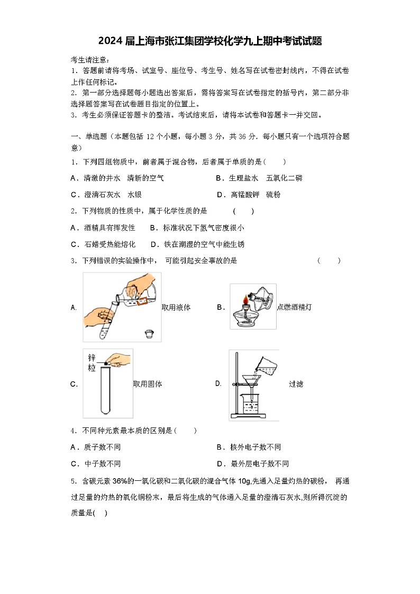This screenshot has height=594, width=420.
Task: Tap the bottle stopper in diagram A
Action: tap(149, 334)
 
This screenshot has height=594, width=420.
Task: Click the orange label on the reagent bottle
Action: tap(141, 301)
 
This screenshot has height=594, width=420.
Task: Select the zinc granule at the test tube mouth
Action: tap(106, 363)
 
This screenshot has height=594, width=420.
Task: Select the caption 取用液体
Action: tap(176, 307)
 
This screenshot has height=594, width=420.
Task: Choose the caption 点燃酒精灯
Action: tap(294, 307)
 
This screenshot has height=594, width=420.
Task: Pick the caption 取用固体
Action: tap(148, 384)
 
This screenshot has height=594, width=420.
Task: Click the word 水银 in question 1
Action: tap(134, 195)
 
